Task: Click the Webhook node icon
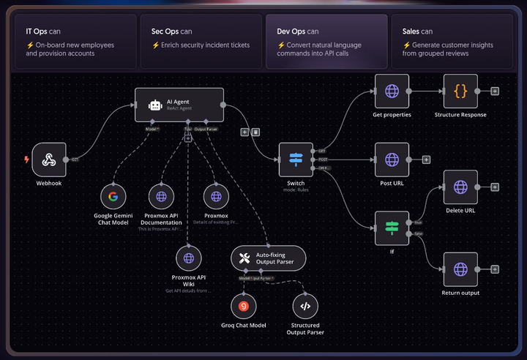[x=49, y=160]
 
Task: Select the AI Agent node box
[x=179, y=105]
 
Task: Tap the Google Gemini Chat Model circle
[x=113, y=196]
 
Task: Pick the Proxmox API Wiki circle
[x=188, y=258]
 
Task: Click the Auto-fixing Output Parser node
[x=268, y=258]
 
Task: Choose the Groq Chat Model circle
[x=243, y=306]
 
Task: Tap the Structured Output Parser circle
[x=305, y=306]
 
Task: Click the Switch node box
[x=296, y=160]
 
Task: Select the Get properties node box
[x=392, y=91]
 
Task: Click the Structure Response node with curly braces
[x=460, y=91]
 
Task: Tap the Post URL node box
[x=392, y=160]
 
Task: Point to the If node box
[x=392, y=228]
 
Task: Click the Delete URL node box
[x=460, y=187]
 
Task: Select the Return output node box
[x=460, y=270]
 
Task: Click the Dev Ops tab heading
[x=298, y=31]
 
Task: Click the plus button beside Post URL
[x=426, y=160]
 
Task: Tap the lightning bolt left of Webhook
[x=27, y=160]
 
